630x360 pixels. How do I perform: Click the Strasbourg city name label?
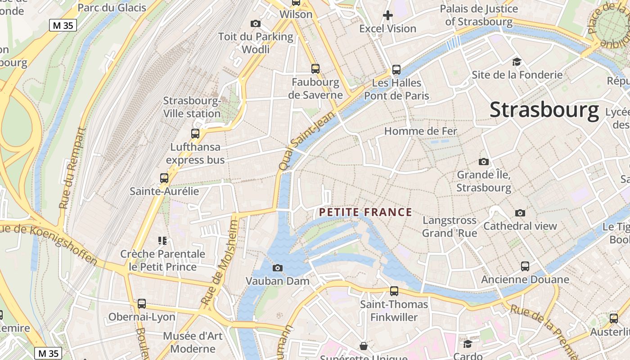point(544,110)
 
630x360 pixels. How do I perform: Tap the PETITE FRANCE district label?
point(365,212)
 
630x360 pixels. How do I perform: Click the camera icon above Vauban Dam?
point(278,268)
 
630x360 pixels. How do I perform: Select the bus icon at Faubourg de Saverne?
point(315,69)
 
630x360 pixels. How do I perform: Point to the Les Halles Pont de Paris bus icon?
point(396,70)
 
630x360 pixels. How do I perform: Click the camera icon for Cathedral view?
point(520,213)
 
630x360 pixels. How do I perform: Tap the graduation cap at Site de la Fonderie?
point(517,62)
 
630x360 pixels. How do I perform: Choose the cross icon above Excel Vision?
point(387,16)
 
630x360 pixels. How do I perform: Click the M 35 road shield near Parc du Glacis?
point(63,26)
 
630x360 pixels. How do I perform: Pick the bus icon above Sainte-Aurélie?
point(164,178)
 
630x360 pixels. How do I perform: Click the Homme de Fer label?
point(420,131)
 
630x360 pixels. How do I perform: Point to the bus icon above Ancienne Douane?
point(525,266)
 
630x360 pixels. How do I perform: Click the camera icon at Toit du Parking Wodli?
point(256,23)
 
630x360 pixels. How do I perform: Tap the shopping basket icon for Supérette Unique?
point(363,346)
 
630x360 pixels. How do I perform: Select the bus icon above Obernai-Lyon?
point(142,304)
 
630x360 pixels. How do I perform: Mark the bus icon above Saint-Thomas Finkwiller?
point(394,291)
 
